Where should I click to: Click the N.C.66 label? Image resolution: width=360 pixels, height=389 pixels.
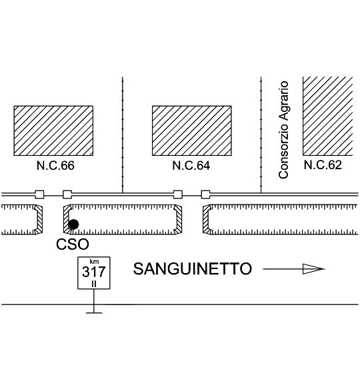point(55,165)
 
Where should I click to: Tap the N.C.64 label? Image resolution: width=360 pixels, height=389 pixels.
point(191,165)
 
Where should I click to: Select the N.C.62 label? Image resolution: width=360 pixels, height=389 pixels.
point(323,165)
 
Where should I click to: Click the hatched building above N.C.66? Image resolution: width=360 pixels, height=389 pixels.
point(53,131)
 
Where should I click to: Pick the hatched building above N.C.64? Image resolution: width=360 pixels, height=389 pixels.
point(192,131)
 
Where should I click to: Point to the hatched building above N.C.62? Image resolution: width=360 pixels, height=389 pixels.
point(328,116)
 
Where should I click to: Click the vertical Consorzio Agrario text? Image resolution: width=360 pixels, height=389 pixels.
point(283,130)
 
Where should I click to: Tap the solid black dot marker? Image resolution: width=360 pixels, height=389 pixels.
point(73,224)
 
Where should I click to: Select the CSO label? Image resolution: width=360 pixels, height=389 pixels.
point(73,244)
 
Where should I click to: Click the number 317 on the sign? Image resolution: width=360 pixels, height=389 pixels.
point(94,272)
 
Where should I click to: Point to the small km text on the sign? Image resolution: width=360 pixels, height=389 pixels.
point(94,262)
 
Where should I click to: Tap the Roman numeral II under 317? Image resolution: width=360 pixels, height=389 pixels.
point(94,284)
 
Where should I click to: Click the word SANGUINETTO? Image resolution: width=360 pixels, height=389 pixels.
point(193,268)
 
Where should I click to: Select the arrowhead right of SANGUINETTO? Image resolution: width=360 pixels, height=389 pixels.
point(313,269)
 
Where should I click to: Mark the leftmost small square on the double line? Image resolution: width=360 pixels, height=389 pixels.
point(39,195)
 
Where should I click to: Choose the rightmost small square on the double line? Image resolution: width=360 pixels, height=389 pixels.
point(205,195)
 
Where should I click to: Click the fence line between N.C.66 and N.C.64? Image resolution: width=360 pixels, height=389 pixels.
point(123,135)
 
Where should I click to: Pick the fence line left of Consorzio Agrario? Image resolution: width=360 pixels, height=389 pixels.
point(261,135)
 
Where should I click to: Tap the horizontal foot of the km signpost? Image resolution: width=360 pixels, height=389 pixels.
point(94,313)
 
